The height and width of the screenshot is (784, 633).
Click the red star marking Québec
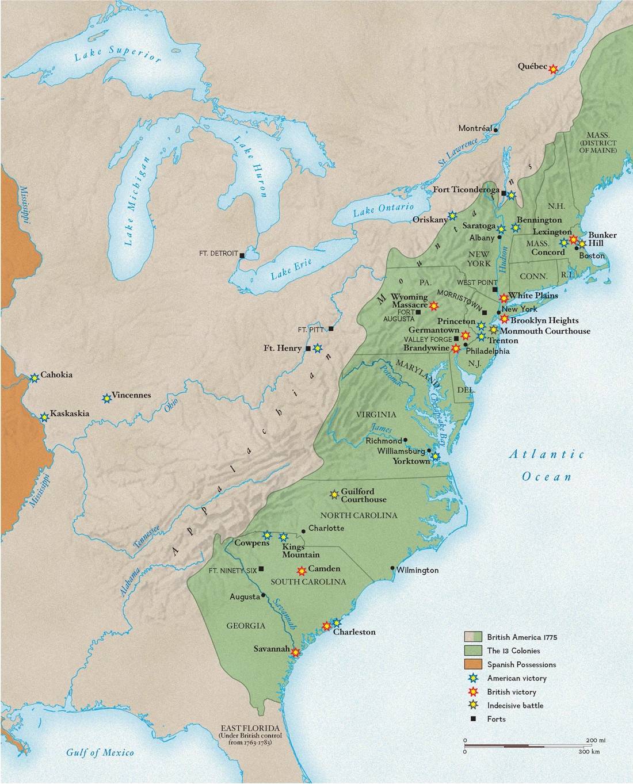(553, 68)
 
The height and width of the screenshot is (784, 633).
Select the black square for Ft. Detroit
(242, 255)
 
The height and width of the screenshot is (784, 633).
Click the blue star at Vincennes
(106, 398)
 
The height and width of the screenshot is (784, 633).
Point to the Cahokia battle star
(34, 377)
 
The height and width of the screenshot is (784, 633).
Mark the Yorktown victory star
(436, 457)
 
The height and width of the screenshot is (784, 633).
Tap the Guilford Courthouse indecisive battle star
(334, 494)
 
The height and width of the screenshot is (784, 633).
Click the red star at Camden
(301, 571)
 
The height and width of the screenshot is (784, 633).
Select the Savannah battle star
(295, 652)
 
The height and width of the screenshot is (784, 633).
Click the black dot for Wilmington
(392, 568)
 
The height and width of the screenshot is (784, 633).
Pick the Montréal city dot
(496, 130)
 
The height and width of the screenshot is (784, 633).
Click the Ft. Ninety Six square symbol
(262, 569)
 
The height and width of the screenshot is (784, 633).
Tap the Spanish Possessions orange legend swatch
(473, 664)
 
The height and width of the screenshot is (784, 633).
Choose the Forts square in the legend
(473, 719)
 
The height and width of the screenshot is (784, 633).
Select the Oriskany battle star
(452, 216)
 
